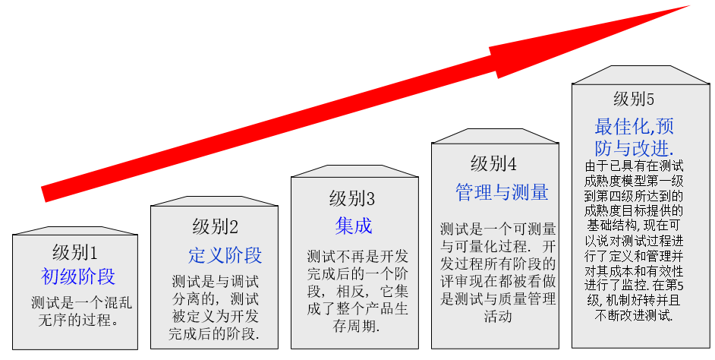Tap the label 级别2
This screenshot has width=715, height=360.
[216, 226]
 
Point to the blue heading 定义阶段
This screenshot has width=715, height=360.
[225, 254]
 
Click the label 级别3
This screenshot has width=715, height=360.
[352, 199]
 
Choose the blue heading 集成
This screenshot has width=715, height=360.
[354, 226]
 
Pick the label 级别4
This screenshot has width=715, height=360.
[493, 163]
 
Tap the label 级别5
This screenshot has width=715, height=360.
[634, 99]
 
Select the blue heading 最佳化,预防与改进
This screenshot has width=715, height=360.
[635, 134]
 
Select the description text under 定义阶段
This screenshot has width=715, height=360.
[216, 307]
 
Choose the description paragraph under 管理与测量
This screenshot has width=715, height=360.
[498, 271]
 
